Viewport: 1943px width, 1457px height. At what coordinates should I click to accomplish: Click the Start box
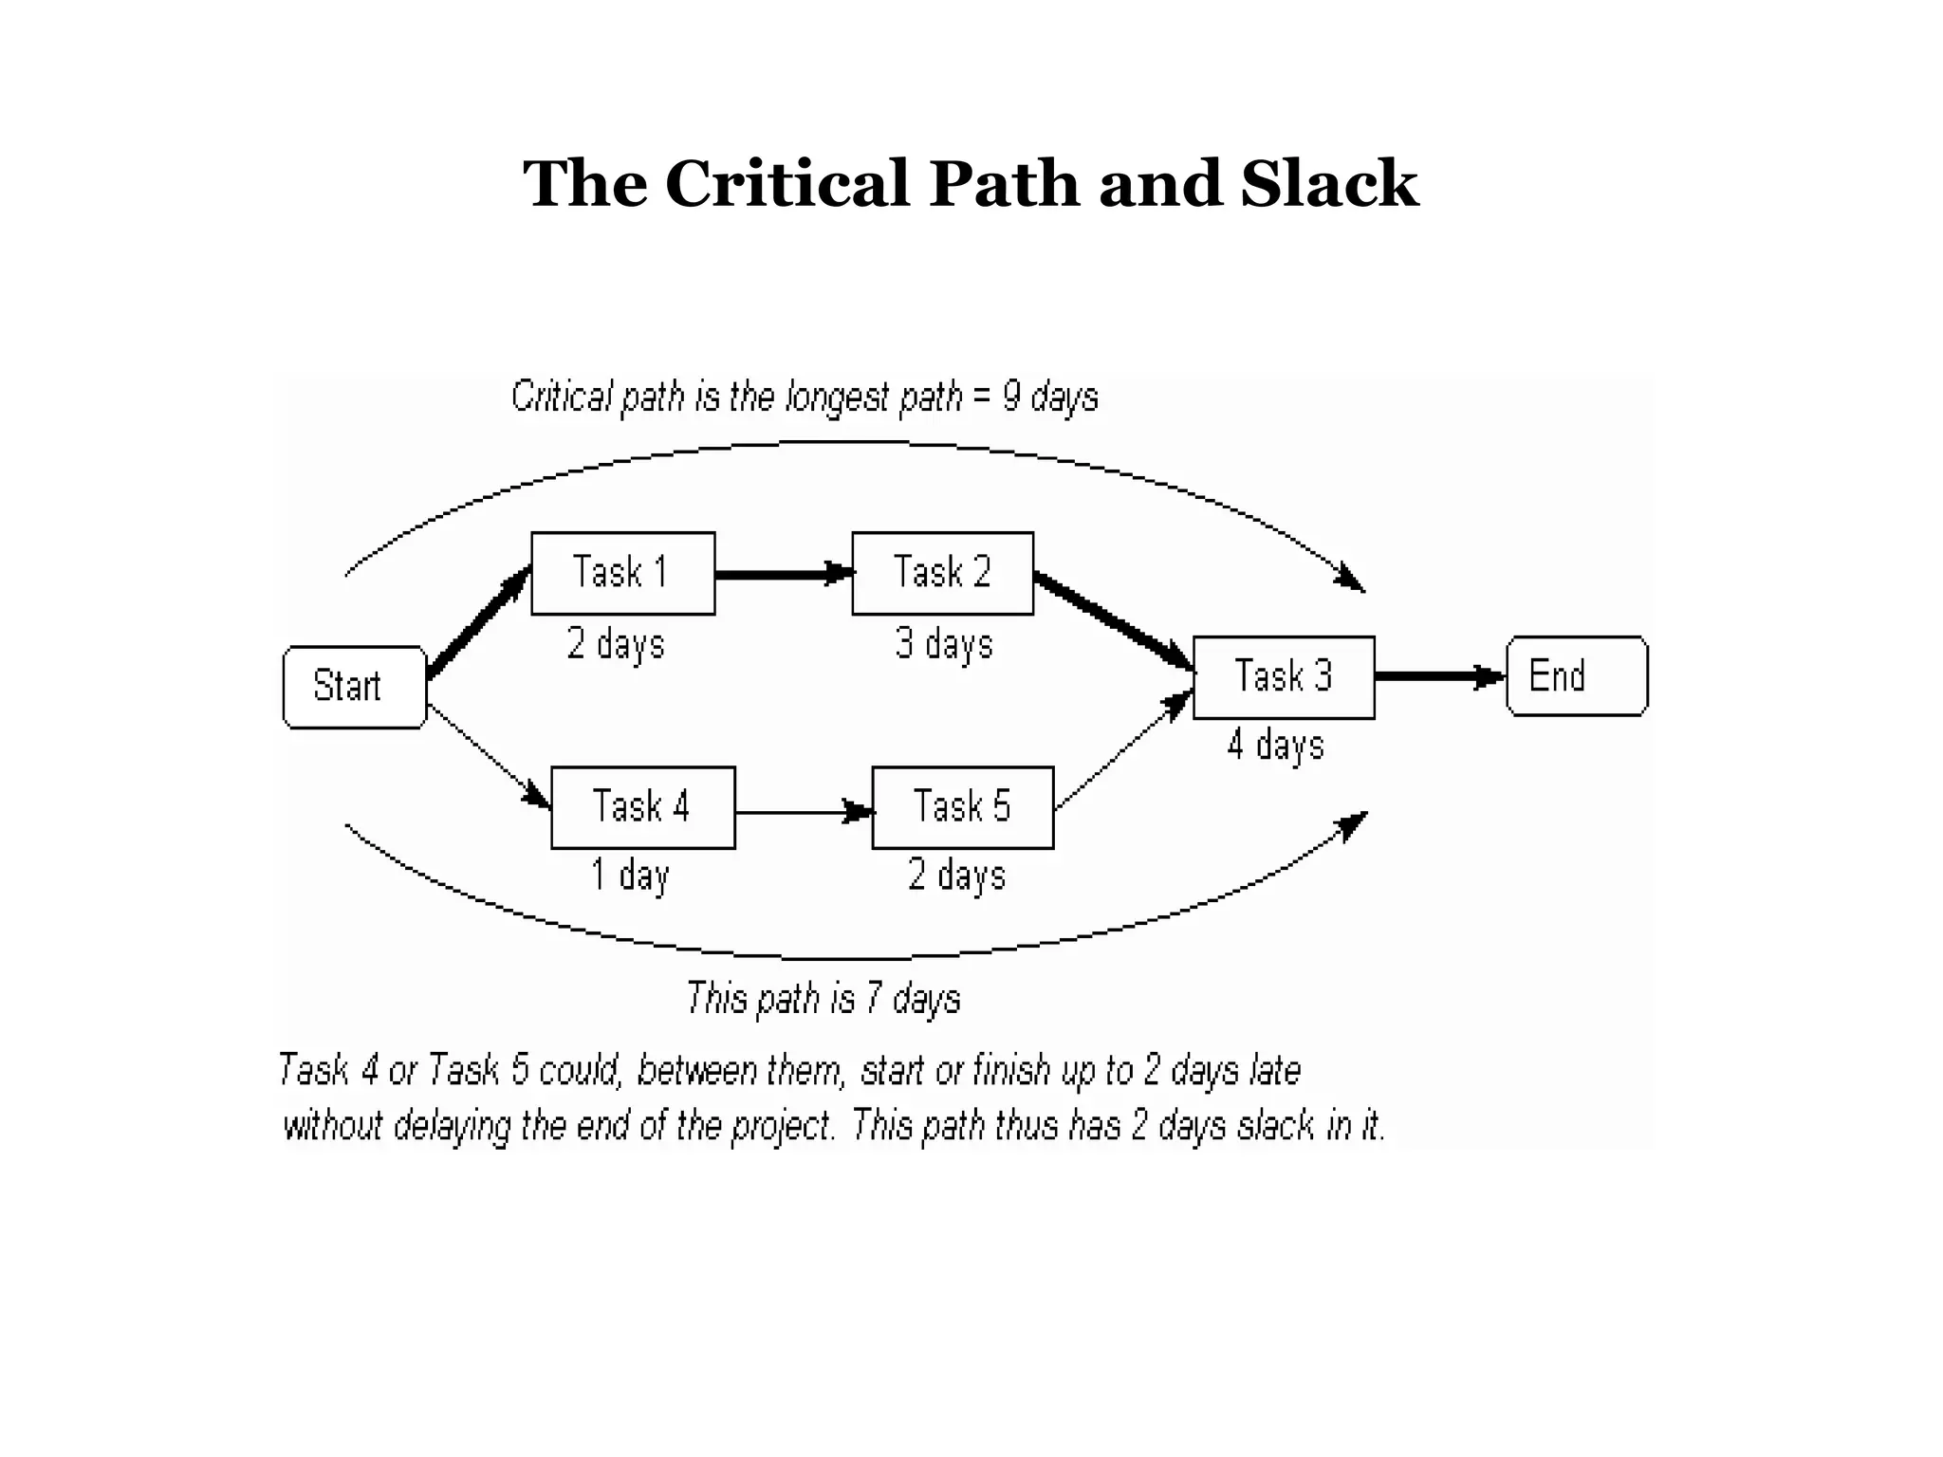[x=354, y=687]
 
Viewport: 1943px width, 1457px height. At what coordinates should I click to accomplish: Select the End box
[x=1576, y=676]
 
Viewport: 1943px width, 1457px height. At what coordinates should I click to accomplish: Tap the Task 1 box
[x=622, y=573]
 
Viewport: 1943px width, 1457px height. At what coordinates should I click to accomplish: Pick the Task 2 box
[x=942, y=573]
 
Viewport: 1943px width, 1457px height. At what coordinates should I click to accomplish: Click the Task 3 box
[x=1283, y=677]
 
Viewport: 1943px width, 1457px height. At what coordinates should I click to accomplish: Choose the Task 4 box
[x=642, y=807]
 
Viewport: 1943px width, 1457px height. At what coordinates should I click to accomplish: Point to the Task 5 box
[x=962, y=807]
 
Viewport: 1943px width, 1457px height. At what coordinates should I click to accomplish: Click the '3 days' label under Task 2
[x=944, y=644]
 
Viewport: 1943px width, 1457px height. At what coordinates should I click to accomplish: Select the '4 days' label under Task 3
[x=1275, y=745]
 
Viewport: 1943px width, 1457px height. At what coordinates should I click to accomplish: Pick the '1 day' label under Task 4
[x=630, y=875]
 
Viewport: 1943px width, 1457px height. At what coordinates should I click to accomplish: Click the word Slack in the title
[x=1328, y=184]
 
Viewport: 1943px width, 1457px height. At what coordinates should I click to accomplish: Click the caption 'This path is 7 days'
[x=823, y=999]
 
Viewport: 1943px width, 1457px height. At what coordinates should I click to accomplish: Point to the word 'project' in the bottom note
[x=782, y=1126]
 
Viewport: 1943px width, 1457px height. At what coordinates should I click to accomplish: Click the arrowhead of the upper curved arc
[x=1351, y=578]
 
